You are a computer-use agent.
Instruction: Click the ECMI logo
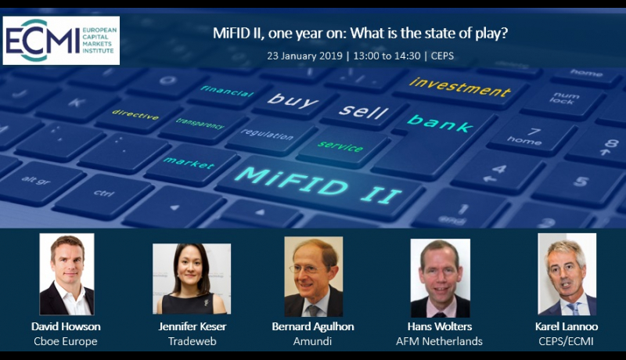click(61, 41)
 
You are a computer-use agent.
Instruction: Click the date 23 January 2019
click(304, 56)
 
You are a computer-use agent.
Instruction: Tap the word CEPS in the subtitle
click(442, 56)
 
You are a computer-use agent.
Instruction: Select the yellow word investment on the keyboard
click(460, 87)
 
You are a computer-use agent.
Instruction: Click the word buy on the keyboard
click(293, 100)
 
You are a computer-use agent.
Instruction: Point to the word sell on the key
click(363, 111)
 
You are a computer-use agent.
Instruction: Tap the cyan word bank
click(440, 123)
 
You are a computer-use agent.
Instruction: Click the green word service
click(340, 146)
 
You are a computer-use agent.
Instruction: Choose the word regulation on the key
click(267, 134)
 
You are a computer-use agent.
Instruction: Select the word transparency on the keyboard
click(200, 124)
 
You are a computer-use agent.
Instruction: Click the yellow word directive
click(135, 114)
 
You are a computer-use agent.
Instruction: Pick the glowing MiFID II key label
click(318, 185)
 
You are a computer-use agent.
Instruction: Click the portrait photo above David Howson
click(67, 274)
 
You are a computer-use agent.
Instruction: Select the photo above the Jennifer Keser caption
click(192, 279)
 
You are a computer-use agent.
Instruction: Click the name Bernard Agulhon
click(313, 326)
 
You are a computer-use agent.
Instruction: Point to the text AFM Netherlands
click(439, 341)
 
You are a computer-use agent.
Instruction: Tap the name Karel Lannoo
click(567, 326)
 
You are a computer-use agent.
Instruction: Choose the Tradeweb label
click(192, 341)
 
